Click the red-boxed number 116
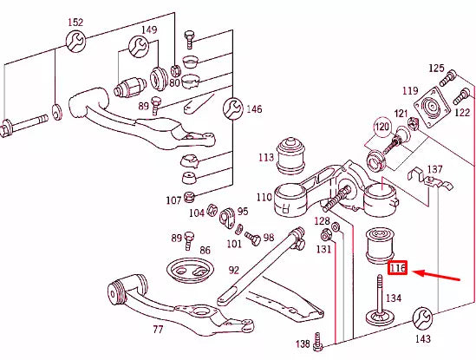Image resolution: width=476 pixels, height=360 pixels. [x=398, y=269]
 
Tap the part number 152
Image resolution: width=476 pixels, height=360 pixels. [x=75, y=22]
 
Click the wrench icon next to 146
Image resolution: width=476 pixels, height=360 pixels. [x=231, y=108]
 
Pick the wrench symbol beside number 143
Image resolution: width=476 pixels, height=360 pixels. [x=425, y=317]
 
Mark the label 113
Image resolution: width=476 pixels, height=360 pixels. [x=266, y=158]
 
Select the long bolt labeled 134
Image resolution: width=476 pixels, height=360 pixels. [x=380, y=300]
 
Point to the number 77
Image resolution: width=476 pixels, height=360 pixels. [x=158, y=330]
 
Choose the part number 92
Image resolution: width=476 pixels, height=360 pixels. [x=233, y=270]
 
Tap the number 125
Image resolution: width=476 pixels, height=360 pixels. [x=435, y=69]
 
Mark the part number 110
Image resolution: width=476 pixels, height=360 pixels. [x=264, y=198]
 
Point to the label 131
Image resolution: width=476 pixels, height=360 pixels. [x=323, y=250]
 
